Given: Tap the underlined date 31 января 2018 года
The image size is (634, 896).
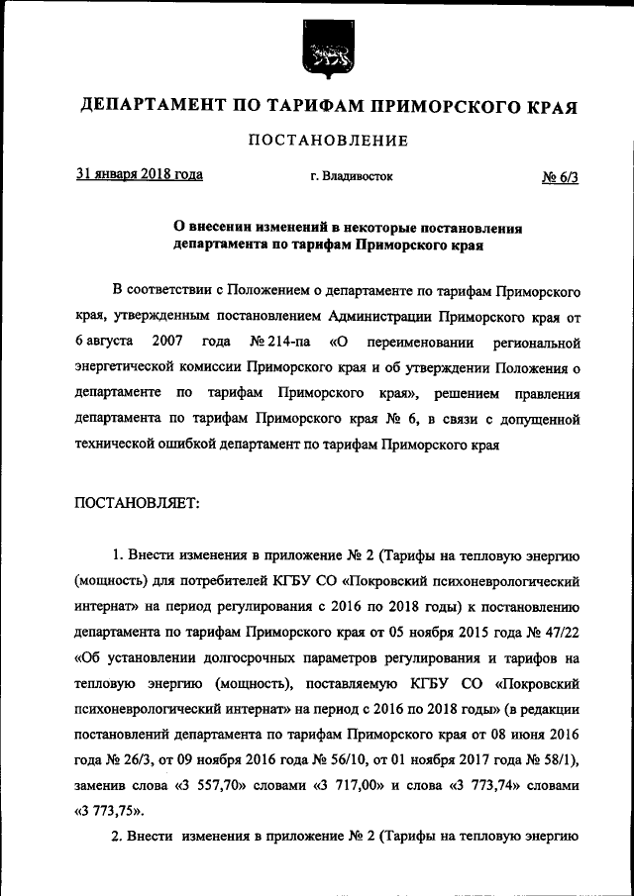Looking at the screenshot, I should (140, 174).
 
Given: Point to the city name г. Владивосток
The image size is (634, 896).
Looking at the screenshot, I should (351, 176).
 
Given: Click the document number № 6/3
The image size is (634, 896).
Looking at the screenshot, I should (560, 177).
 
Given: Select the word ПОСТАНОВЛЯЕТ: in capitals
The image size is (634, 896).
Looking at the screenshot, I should (138, 503).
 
